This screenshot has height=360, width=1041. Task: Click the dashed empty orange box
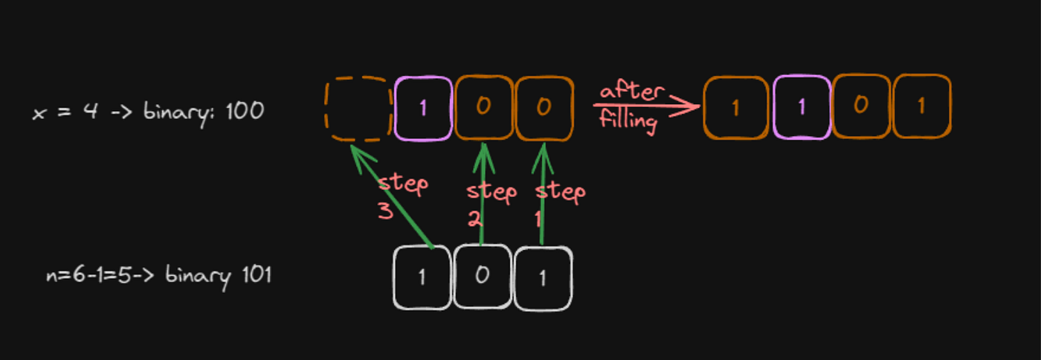click(x=358, y=109)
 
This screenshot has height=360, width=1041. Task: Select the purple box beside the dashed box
click(x=422, y=109)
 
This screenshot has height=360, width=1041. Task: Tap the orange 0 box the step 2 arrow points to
click(x=483, y=108)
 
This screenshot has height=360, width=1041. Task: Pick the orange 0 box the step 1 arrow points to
click(x=544, y=108)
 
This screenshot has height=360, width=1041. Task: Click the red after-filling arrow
click(x=647, y=106)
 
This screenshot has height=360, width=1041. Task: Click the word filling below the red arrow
click(x=628, y=120)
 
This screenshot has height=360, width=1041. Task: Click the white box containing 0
click(x=483, y=277)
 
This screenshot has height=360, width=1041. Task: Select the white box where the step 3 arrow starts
click(x=422, y=277)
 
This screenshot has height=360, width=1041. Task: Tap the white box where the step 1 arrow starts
click(x=543, y=278)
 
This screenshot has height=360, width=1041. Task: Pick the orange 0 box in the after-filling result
click(x=860, y=106)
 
